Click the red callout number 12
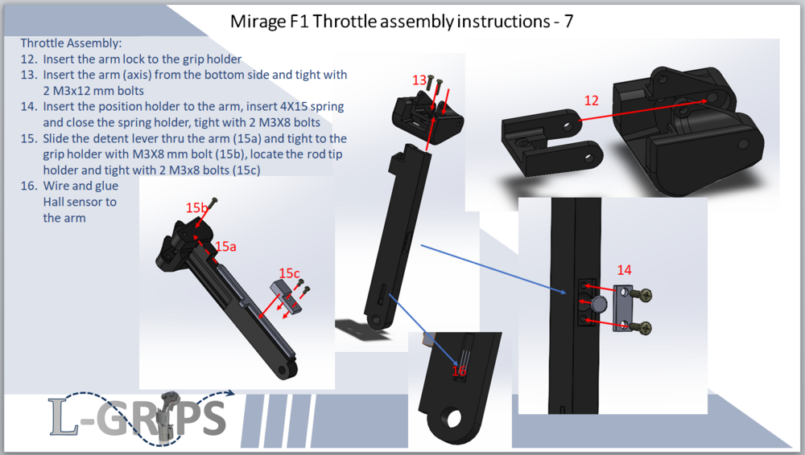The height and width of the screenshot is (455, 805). pos(592,100)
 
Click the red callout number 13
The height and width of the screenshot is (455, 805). pos(419,80)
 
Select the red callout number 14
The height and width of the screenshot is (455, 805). pos(625,270)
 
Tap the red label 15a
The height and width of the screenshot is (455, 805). pos(225,247)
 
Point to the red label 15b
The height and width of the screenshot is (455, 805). pos(196,207)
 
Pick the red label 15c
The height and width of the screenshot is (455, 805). pos(289,273)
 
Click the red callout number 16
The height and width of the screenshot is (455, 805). pos(459,371)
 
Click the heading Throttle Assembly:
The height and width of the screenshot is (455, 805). pos(71,43)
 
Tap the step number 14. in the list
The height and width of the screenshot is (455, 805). pos(29,107)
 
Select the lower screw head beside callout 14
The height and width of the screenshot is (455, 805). pos(646,327)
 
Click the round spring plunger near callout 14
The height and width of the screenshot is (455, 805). pos(598,304)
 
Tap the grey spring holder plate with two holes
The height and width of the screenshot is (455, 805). pos(624,309)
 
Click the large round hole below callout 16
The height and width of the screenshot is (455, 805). pos(453,419)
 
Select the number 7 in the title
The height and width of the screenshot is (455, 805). pos(568,22)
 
